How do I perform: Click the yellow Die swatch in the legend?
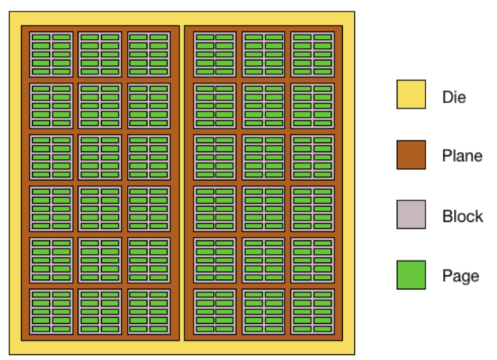[411, 94]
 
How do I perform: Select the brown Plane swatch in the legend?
[411, 154]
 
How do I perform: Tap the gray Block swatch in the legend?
[411, 214]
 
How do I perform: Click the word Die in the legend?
[454, 97]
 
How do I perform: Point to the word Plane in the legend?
[462, 157]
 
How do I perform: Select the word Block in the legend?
[462, 217]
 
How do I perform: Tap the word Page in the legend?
[460, 277]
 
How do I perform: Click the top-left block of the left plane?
[51, 54]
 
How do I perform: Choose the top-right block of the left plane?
[148, 54]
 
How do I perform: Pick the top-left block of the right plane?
[215, 54]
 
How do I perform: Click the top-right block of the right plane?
[312, 54]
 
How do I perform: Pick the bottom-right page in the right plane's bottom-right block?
[322, 329]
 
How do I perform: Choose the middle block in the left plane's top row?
[100, 54]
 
